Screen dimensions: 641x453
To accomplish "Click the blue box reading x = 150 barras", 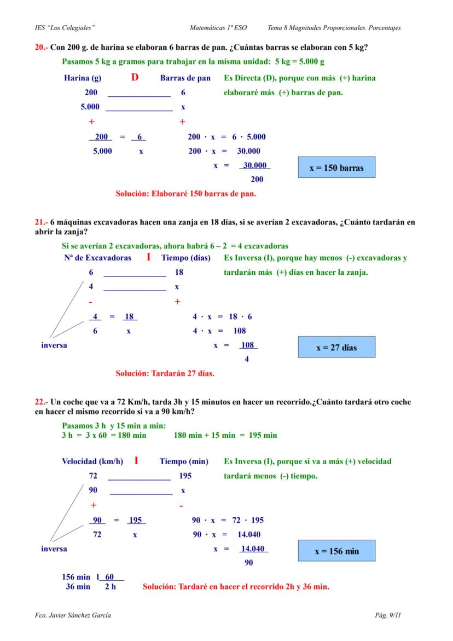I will (x=336, y=168).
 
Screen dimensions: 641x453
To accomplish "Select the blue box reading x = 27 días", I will (x=336, y=348).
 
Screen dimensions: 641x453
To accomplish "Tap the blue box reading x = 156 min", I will (x=336, y=551).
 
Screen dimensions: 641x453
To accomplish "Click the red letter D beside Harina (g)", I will (x=135, y=78).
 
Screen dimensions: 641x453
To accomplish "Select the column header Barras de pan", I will (x=185, y=78).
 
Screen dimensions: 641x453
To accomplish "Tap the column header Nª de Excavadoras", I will (x=97, y=258).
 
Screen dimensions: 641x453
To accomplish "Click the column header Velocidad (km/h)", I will (x=92, y=461).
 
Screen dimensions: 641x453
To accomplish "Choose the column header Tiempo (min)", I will (x=184, y=461).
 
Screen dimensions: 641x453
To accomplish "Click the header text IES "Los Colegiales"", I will (x=64, y=27).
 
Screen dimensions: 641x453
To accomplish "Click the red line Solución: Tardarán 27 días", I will (x=165, y=374).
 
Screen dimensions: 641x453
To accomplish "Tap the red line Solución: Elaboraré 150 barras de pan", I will (x=186, y=193).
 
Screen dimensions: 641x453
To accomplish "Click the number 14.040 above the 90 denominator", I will (x=254, y=548).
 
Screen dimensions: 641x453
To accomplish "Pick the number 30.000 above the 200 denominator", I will (x=254, y=165).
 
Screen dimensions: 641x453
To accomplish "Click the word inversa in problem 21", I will (x=54, y=345).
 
